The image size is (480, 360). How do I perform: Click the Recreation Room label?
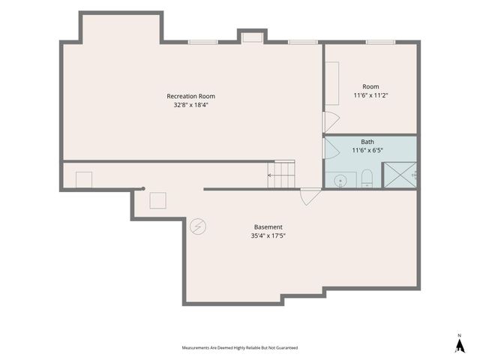click(x=190, y=96)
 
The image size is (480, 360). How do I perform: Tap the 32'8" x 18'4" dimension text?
click(x=190, y=105)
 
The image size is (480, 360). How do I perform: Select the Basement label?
click(x=268, y=227)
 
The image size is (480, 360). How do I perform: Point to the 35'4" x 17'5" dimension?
click(x=268, y=235)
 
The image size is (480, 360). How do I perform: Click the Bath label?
click(x=367, y=142)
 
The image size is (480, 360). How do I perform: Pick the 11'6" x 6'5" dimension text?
click(x=367, y=150)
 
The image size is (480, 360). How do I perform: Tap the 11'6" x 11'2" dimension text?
click(x=370, y=95)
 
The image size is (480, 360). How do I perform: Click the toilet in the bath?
click(x=367, y=178)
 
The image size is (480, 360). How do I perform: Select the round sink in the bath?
click(x=340, y=180)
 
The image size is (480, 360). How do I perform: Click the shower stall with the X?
click(x=400, y=175)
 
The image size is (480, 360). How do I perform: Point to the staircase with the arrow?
click(x=281, y=174)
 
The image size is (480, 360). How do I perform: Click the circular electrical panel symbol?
click(x=198, y=226)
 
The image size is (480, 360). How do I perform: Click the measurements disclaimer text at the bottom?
click(x=240, y=348)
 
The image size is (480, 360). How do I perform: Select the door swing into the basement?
click(x=310, y=197)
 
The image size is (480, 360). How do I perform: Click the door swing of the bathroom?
click(x=331, y=148)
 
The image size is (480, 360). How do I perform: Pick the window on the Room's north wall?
click(x=380, y=42)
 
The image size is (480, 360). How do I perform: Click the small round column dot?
click(x=143, y=188)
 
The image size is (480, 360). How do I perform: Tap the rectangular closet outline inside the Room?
click(x=331, y=83)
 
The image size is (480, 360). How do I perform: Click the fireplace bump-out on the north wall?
click(x=252, y=36)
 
